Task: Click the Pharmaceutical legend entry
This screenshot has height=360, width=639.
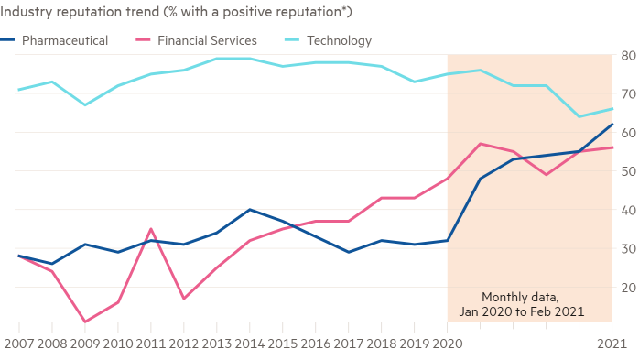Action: click(x=65, y=40)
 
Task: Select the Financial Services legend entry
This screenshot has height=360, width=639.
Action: click(x=207, y=40)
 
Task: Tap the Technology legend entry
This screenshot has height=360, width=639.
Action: click(x=339, y=40)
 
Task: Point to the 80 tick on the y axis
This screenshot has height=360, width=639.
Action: click(x=628, y=55)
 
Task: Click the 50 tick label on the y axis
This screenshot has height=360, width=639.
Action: click(x=628, y=171)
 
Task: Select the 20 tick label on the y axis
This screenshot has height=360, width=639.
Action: click(x=628, y=287)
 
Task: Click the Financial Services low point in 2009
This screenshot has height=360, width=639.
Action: click(x=84, y=322)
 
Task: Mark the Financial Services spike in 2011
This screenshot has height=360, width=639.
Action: click(x=150, y=229)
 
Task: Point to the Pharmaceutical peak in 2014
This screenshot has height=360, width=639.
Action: click(x=250, y=210)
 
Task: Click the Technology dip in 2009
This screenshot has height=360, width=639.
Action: click(x=84, y=104)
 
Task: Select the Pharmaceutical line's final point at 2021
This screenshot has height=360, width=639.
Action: click(x=612, y=124)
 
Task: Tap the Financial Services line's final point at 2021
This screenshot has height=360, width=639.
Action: click(x=612, y=147)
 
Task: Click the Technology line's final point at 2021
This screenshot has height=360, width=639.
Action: click(x=612, y=109)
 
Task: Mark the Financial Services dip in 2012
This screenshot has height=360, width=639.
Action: click(x=183, y=299)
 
